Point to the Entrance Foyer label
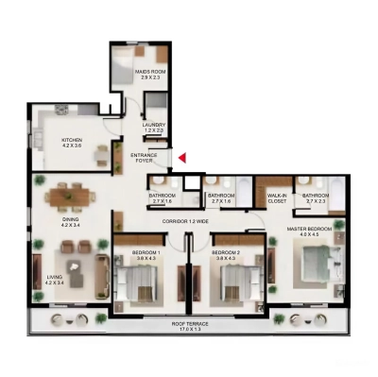145,157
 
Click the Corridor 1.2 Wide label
185,220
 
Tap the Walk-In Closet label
277,198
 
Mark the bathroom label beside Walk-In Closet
316,198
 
